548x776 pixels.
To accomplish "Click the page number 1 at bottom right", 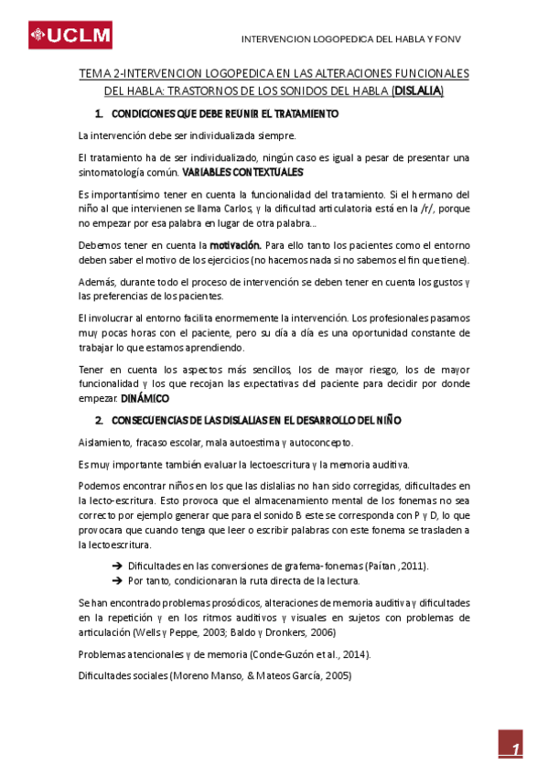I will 516,749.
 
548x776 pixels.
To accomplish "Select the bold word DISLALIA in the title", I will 418,91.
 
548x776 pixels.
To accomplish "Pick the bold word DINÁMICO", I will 145,399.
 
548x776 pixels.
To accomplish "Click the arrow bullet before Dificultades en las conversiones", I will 116,566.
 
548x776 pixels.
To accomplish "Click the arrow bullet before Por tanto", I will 116,580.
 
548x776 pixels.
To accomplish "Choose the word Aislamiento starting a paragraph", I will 107,442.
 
